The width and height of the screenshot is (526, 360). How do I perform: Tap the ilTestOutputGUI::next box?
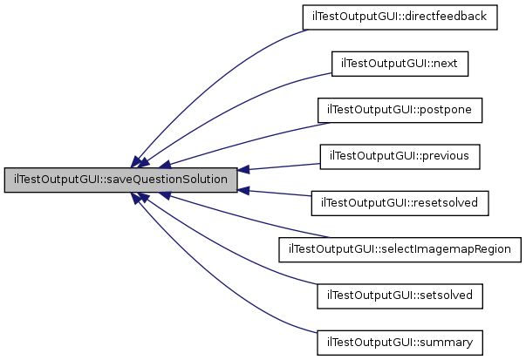[x=400, y=64]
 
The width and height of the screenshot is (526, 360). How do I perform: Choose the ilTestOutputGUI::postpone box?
[x=400, y=111]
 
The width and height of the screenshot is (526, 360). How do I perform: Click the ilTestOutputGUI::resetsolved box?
[x=400, y=203]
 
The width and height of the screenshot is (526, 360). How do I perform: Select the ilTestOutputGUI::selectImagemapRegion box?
[x=400, y=249]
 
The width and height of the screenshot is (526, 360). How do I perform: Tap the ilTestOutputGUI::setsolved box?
[x=400, y=295]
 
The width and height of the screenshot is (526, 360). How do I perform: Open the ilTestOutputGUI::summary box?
[x=400, y=342]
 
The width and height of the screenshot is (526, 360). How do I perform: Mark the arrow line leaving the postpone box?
[x=244, y=140]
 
